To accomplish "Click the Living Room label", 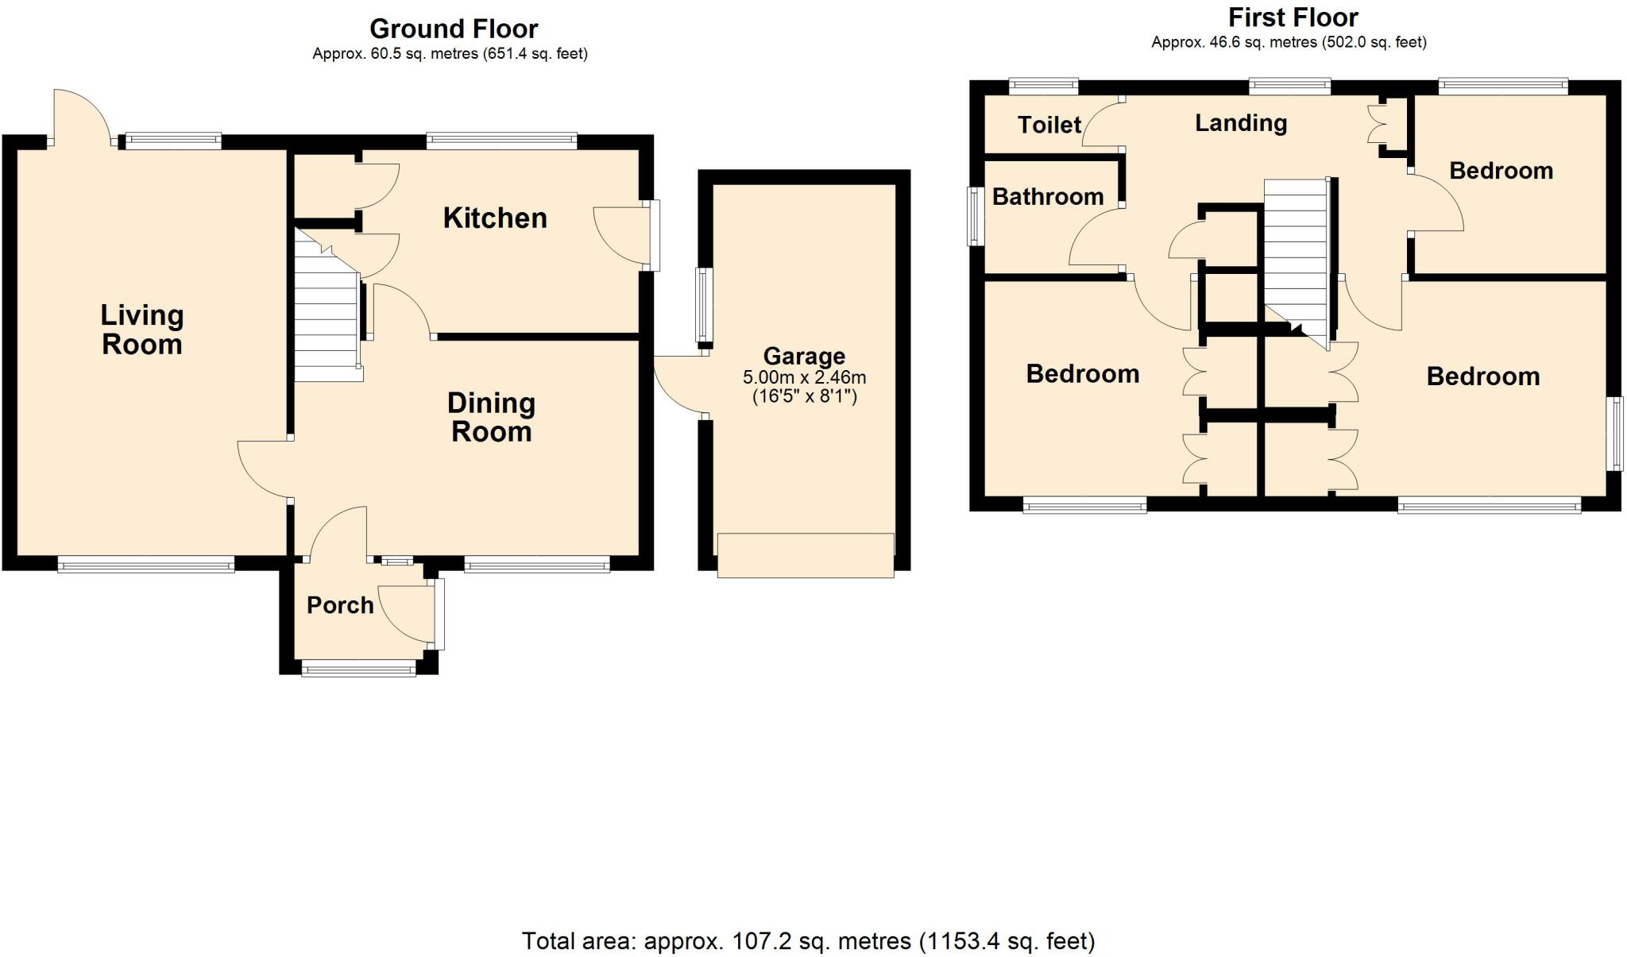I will (x=141, y=330).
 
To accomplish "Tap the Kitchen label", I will (x=495, y=218).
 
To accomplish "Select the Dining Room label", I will (x=491, y=417).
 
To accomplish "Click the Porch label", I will (x=340, y=605).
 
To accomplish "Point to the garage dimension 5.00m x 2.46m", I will (x=804, y=377).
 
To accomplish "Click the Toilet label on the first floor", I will (x=1049, y=125).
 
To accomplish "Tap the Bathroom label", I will (x=1047, y=196).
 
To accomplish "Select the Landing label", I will (x=1241, y=123).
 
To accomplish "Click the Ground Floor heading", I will (x=454, y=29).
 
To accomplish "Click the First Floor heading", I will (x=1293, y=17).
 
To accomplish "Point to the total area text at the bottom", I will (x=808, y=941).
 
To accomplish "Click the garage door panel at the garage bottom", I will (x=805, y=554).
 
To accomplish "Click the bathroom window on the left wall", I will (x=975, y=215).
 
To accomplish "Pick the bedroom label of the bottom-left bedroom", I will (x=1082, y=374).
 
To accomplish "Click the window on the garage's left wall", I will (x=704, y=305).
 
